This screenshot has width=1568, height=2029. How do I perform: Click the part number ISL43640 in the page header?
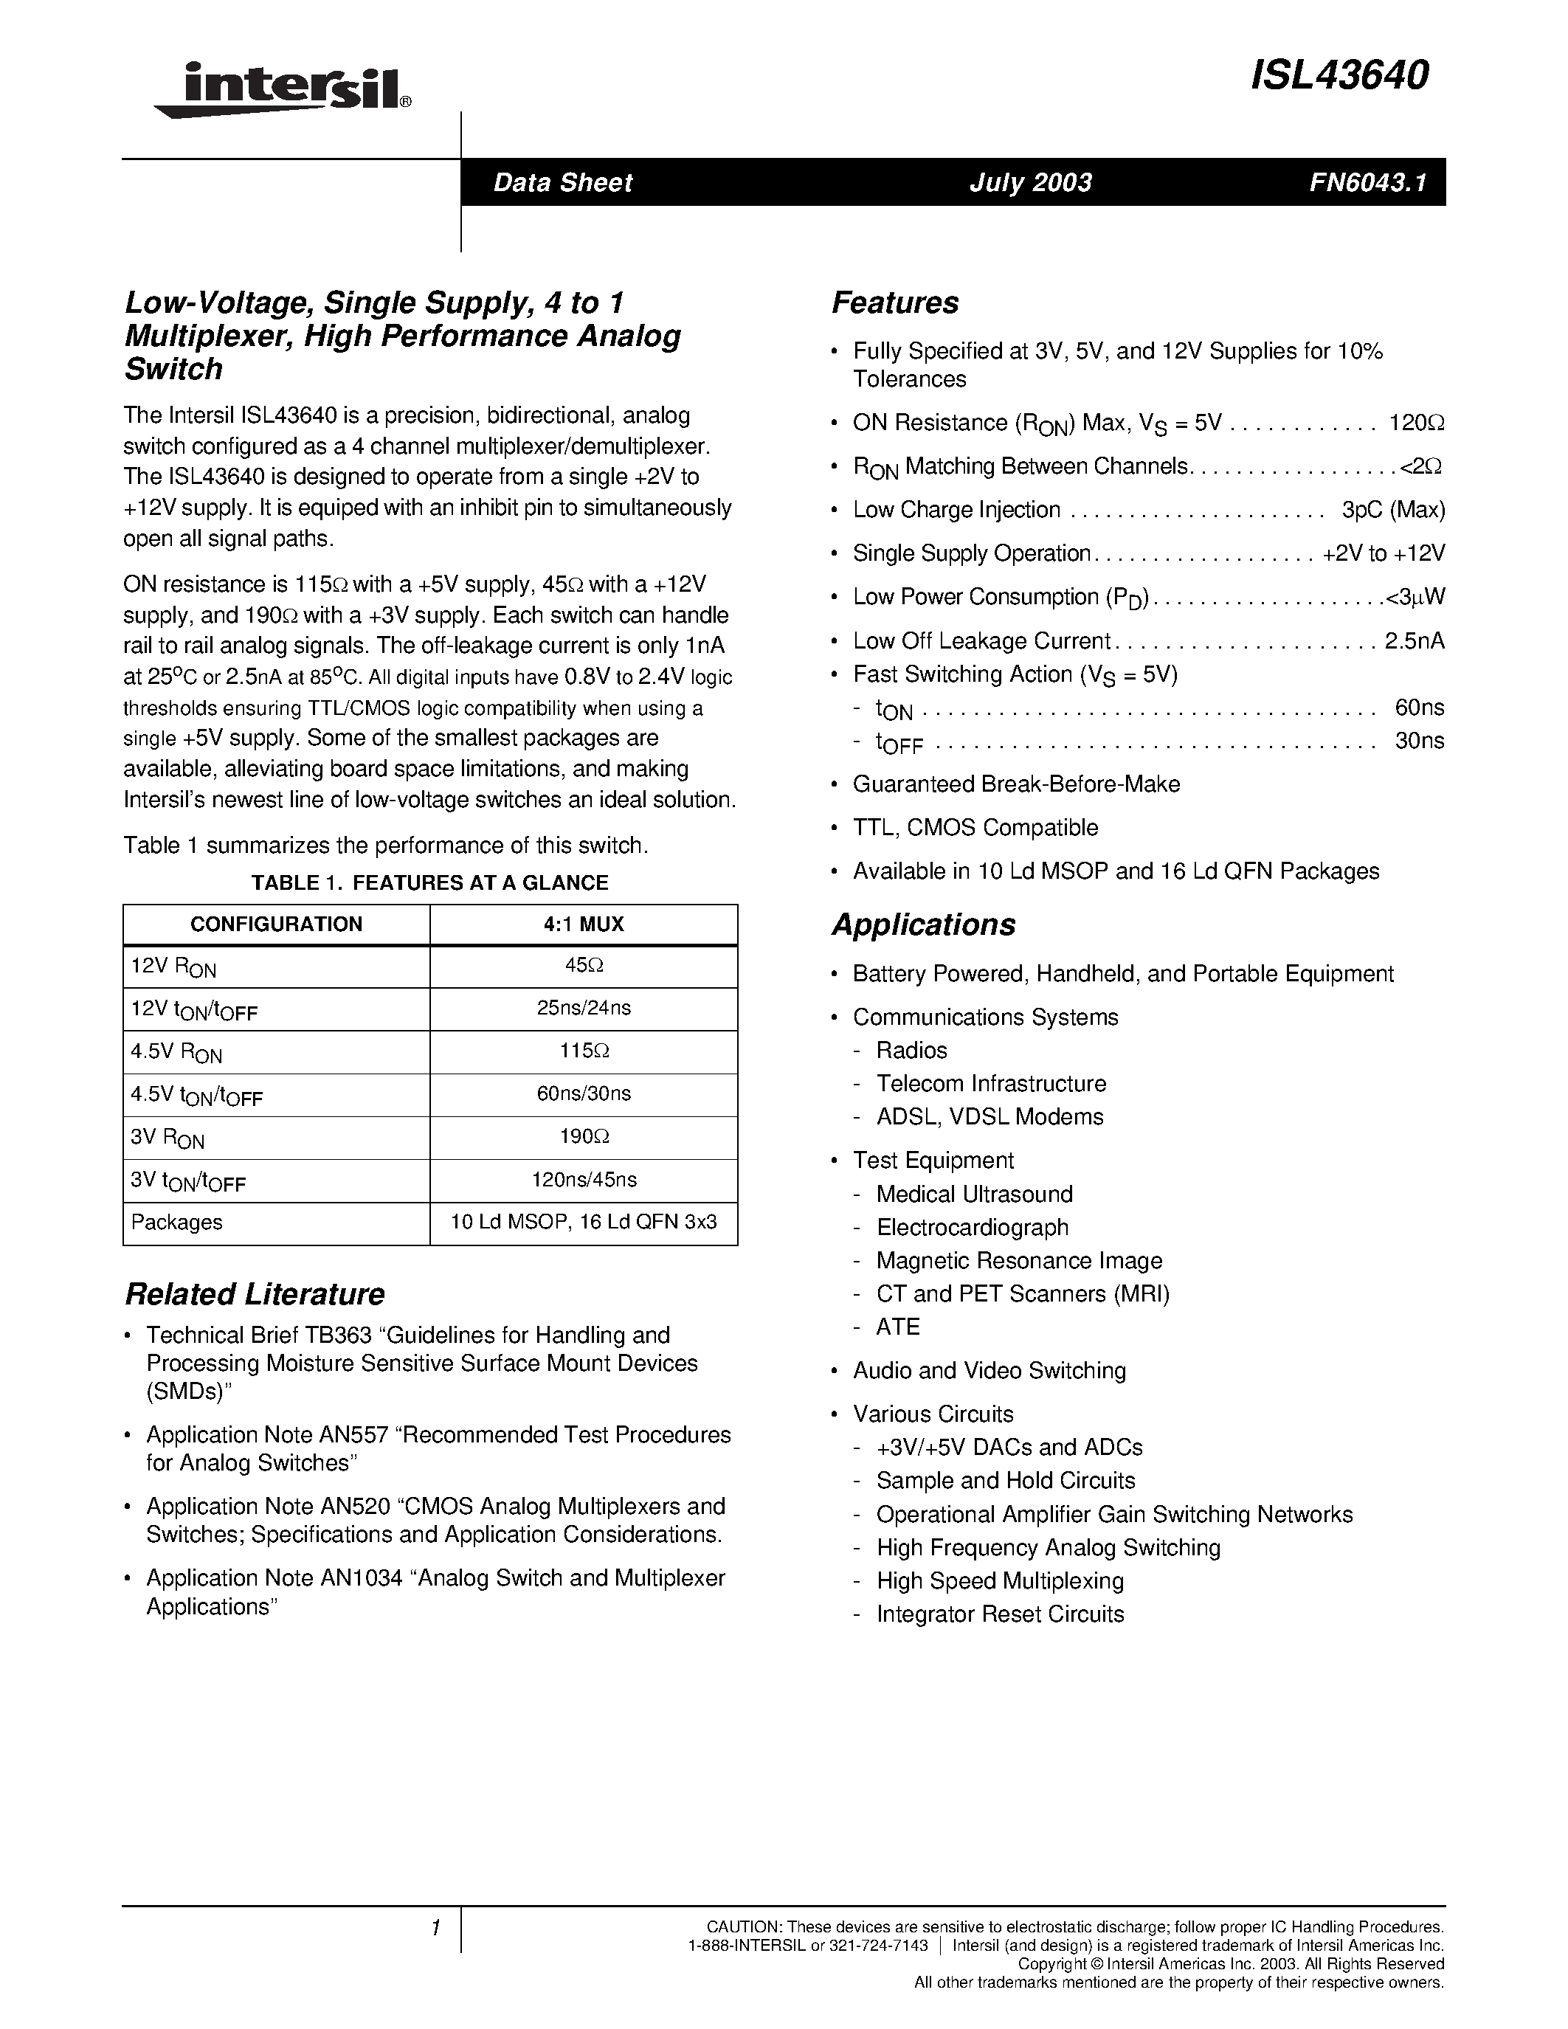tap(1339, 75)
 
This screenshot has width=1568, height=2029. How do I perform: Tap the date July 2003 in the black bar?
tap(1030, 182)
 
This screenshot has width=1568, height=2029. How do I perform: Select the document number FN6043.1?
tap(1367, 182)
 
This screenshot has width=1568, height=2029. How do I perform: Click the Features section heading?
tap(894, 303)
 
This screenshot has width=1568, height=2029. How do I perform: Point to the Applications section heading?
tap(923, 924)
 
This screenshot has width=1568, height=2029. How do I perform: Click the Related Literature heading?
tap(255, 1294)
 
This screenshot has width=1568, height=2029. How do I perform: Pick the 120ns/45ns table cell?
tap(584, 1180)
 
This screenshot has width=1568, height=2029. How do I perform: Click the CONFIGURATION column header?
tap(276, 924)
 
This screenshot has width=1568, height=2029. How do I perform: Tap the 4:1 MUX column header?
tap(584, 924)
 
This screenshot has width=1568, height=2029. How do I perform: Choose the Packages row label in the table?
tap(176, 1223)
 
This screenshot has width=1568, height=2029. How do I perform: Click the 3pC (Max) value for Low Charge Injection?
tap(1392, 510)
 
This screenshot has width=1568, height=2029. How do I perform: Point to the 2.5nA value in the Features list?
tap(1414, 641)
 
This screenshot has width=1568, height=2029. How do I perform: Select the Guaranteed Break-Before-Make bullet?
tap(1016, 784)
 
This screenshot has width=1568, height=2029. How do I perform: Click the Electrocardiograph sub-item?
tap(972, 1227)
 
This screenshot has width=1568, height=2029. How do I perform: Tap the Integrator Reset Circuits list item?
tap(1000, 1614)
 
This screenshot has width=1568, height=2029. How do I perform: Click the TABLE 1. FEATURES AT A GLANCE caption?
tap(429, 882)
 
